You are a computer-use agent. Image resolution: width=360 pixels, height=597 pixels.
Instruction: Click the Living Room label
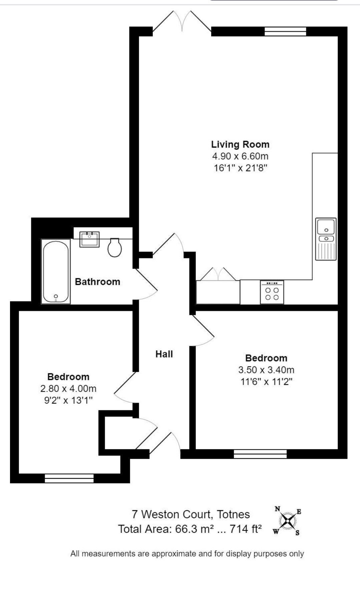pyautogui.click(x=240, y=144)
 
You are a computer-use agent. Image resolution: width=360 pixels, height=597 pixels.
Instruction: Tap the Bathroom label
pyautogui.click(x=97, y=281)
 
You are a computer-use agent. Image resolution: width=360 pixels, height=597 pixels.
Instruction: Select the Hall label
pyautogui.click(x=164, y=354)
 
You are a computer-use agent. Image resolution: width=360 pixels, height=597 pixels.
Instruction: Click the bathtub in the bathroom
pyautogui.click(x=56, y=271)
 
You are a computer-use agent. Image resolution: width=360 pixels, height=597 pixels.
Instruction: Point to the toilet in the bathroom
pyautogui.click(x=114, y=247)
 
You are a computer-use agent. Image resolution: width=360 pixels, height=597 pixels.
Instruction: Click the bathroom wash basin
pyautogui.click(x=89, y=239)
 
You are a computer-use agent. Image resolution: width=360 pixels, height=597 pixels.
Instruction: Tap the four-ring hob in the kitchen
pyautogui.click(x=272, y=292)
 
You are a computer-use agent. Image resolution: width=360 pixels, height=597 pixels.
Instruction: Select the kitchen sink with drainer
pyautogui.click(x=326, y=239)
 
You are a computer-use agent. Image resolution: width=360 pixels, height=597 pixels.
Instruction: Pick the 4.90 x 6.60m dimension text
pyautogui.click(x=240, y=156)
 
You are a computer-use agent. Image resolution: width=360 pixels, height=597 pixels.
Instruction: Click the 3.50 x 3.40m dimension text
pyautogui.click(x=266, y=370)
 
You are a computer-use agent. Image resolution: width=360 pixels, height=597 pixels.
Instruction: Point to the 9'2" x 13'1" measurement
pyautogui.click(x=68, y=400)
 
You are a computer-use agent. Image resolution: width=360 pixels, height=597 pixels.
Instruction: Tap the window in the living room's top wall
pyautogui.click(x=285, y=31)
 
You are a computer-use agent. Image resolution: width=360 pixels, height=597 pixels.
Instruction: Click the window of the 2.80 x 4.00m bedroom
pyautogui.click(x=69, y=478)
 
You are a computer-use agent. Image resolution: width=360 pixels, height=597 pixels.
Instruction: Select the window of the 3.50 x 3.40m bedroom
pyautogui.click(x=260, y=454)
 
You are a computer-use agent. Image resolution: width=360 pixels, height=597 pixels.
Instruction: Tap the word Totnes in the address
pyautogui.click(x=233, y=514)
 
